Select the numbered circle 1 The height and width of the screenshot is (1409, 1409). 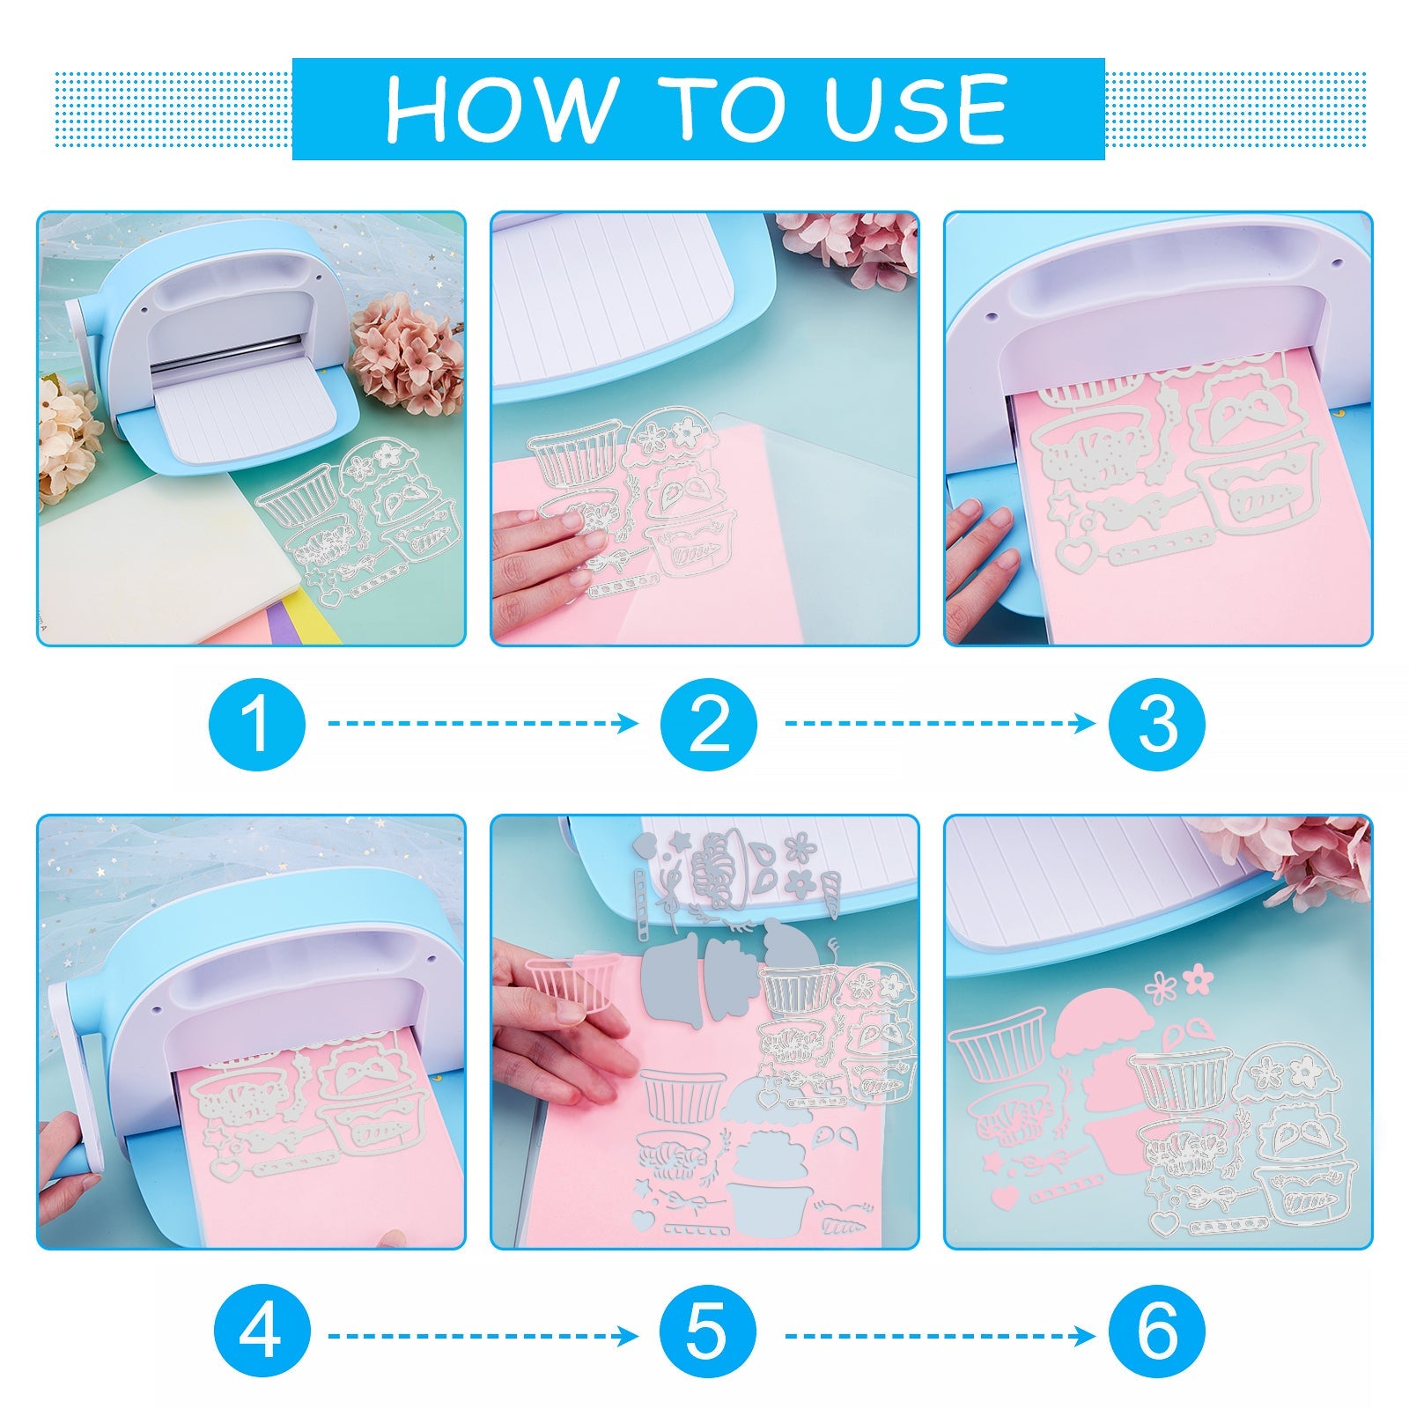(x=257, y=724)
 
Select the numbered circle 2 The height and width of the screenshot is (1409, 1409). (x=709, y=724)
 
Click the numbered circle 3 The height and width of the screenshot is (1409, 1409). (x=1157, y=724)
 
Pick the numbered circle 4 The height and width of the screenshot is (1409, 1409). (x=262, y=1336)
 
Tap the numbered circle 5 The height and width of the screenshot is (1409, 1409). (x=709, y=1336)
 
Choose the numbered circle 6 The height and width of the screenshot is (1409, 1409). (x=1157, y=1336)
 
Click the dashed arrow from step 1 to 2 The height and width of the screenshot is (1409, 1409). (x=483, y=724)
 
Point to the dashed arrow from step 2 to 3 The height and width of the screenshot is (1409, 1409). (x=940, y=724)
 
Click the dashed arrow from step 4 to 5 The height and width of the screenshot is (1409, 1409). (x=483, y=1336)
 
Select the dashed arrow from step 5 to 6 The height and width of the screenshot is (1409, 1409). (x=940, y=1336)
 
